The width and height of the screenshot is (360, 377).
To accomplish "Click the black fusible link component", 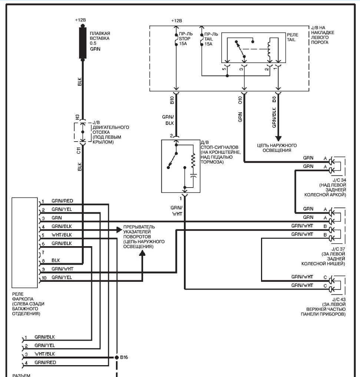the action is coord(83,43).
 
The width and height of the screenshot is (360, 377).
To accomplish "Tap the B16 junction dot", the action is coord(117,357).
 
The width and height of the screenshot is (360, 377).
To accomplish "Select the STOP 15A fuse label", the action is coord(185,39).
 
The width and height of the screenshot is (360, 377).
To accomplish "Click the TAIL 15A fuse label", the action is coord(211,39).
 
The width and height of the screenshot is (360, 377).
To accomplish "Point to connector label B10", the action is coord(172,100).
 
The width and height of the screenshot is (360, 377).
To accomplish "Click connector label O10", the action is coord(240,100).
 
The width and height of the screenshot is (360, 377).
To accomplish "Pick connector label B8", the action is coord(274,99).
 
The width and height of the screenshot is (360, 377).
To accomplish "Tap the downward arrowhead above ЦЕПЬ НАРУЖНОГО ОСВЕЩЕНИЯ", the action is coord(278,139).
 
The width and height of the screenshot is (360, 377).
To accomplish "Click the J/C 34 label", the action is coord(339,180).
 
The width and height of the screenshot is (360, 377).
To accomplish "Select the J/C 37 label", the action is coord(338,249).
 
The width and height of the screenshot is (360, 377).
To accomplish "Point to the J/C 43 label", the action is coord(339,300).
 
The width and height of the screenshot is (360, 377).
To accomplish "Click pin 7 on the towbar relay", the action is coord(43,252).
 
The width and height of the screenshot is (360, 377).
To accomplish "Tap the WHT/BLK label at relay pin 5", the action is coord(62,235).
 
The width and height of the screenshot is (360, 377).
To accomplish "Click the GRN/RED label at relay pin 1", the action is coord(62,201).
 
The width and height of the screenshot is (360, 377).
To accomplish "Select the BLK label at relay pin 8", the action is coord(56,260).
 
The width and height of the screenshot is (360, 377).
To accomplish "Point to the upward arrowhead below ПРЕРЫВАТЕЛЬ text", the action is coord(142,253).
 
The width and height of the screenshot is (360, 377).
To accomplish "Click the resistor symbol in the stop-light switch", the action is coord(193,161).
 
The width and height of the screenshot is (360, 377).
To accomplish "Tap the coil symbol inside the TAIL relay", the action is coord(269,49).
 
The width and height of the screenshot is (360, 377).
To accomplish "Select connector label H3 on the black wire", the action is coord(77,117).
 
